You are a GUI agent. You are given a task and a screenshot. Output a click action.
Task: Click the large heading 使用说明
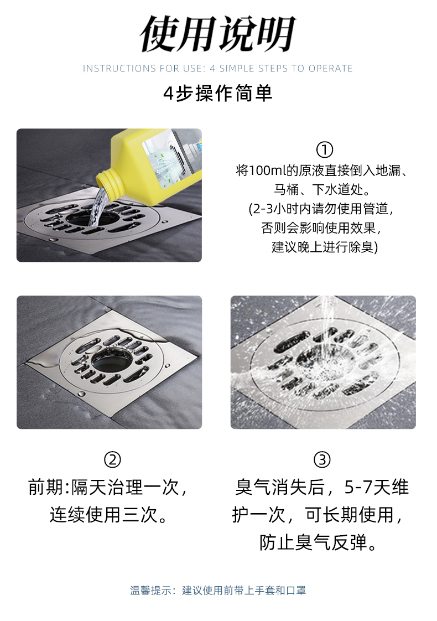click(x=217, y=34)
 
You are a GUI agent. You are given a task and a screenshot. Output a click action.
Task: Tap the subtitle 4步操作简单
click(x=218, y=93)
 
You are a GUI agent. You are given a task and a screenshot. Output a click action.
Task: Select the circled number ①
click(x=324, y=150)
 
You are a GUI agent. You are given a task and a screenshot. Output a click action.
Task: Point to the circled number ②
click(x=112, y=459)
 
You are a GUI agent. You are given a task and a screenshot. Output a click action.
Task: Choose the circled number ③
click(x=322, y=459)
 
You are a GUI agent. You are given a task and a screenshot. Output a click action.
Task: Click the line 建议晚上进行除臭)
click(x=324, y=247)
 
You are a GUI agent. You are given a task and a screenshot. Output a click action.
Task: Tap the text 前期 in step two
click(x=43, y=488)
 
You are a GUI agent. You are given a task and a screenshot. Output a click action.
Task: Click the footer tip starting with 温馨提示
click(x=218, y=590)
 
